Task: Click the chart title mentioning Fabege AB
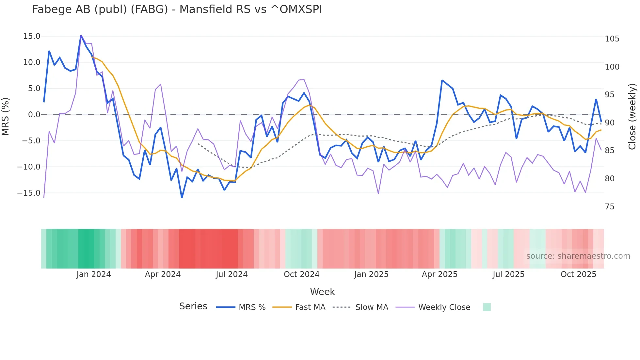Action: click(177, 9)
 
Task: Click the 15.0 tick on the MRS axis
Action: click(32, 36)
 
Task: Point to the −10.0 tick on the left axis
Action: click(29, 167)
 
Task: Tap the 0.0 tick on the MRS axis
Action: click(34, 115)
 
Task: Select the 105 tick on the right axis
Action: click(612, 39)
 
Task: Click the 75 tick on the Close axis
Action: click(610, 207)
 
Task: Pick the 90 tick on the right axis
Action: click(610, 123)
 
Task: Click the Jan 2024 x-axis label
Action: click(94, 274)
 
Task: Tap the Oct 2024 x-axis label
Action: click(301, 274)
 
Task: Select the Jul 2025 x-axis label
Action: click(508, 274)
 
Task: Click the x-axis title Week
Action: click(322, 292)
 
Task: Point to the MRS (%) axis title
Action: click(6, 116)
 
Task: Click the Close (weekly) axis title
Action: click(632, 117)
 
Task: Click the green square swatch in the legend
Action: click(487, 307)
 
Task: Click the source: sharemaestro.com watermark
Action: click(578, 256)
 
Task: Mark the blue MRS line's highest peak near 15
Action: click(81, 36)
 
